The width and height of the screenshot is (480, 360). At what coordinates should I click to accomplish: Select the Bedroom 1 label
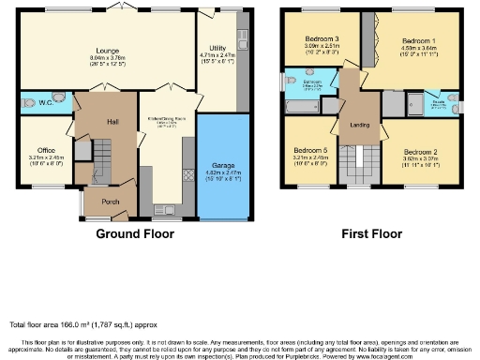(418, 42)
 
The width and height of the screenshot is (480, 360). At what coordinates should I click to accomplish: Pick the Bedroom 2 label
(422, 151)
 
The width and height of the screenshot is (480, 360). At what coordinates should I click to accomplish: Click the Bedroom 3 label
(319, 37)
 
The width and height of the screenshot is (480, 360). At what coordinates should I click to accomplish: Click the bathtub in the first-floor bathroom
(301, 112)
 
